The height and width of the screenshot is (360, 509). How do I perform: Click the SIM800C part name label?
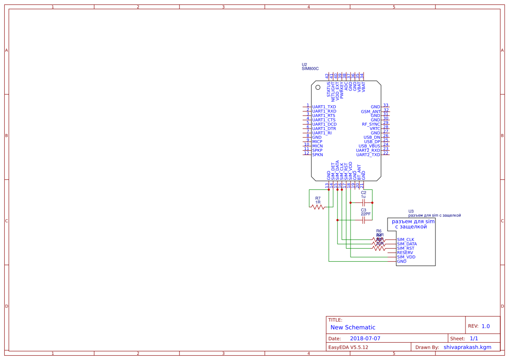pos(310,69)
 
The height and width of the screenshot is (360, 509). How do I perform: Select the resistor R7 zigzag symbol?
pos(318,207)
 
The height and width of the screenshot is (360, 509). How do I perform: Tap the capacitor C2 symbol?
pos(364,202)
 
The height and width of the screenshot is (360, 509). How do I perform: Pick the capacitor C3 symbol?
pos(364,220)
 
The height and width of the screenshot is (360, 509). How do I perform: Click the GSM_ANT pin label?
pos(371,111)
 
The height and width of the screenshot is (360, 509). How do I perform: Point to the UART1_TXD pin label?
pos(324,107)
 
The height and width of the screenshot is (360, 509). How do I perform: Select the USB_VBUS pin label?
pos(369,146)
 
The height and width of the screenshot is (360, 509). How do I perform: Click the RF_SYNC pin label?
pos(371,124)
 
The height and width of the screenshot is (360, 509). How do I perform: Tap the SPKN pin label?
pos(317,155)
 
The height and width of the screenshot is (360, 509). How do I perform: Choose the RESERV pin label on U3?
pos(405,252)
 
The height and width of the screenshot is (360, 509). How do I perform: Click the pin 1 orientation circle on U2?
pos(318,88)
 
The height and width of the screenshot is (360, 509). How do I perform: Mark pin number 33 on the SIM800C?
pos(386,105)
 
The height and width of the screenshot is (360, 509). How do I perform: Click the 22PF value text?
pos(366,214)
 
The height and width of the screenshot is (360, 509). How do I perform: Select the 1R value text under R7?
pos(318,202)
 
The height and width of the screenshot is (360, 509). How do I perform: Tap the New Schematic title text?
pos(353,327)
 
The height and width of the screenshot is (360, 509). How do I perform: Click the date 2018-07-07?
pos(365,338)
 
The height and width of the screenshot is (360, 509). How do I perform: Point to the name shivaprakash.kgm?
pos(467,347)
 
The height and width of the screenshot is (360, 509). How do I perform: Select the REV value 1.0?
pos(485,326)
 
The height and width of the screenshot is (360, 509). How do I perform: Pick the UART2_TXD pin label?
pos(368,155)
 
